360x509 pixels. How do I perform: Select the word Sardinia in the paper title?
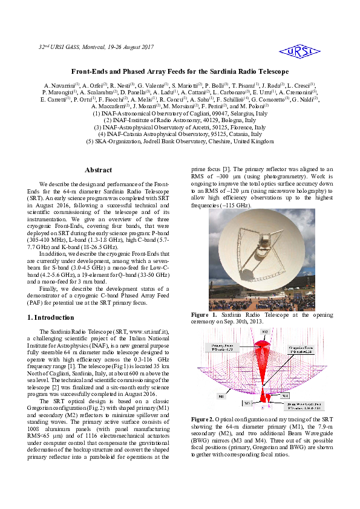224,71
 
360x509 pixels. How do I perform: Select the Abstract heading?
98,170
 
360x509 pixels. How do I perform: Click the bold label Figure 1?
204,316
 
